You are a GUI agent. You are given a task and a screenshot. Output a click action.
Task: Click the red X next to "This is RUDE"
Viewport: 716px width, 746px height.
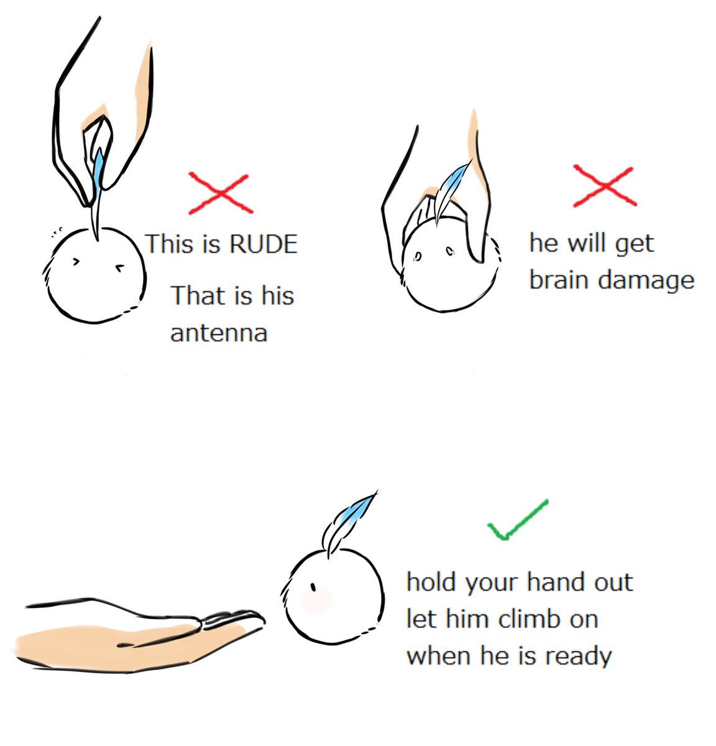(x=221, y=193)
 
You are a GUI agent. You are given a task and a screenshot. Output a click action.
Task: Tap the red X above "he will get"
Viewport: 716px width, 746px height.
(x=605, y=185)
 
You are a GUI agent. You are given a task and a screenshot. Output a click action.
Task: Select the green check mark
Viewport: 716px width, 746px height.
(x=518, y=520)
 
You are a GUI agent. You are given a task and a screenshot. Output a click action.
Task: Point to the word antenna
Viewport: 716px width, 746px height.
(x=219, y=333)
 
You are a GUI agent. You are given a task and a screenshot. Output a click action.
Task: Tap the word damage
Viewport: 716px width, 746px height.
(x=646, y=282)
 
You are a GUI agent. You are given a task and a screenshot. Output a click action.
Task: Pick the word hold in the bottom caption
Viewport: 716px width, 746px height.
(x=433, y=582)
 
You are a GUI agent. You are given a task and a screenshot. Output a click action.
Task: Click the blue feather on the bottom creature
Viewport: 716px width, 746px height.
(x=349, y=522)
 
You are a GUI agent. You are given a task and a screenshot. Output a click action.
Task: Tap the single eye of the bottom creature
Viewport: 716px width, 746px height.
(x=313, y=587)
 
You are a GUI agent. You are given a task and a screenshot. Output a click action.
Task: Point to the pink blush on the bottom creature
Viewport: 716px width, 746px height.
(x=316, y=601)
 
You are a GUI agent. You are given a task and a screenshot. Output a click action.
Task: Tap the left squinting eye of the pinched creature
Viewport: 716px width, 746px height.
(x=76, y=262)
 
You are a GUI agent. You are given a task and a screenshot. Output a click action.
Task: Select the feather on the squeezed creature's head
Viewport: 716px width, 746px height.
(x=452, y=191)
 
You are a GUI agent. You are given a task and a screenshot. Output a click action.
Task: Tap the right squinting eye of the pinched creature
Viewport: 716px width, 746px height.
(x=121, y=269)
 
